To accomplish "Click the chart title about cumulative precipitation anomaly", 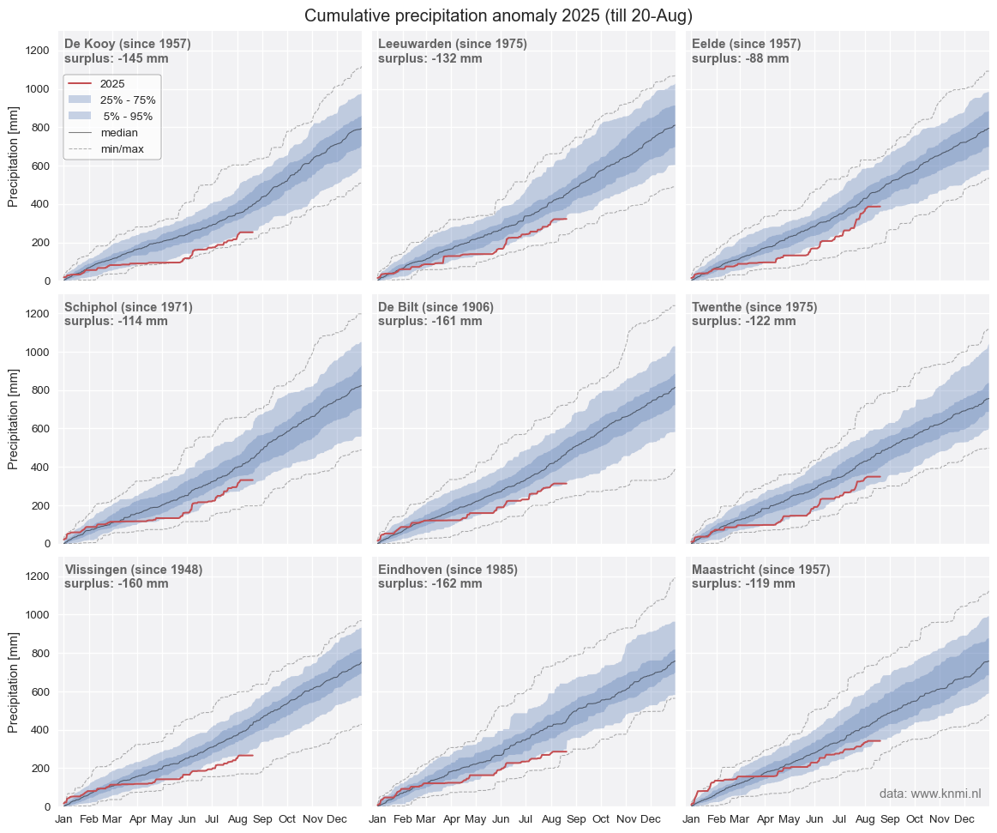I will (498, 15).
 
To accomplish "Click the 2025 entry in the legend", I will (112, 84).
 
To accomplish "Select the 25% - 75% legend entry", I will (128, 100).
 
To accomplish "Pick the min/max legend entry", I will (119, 149).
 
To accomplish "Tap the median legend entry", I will (118, 133).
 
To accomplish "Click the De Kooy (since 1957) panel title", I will (127, 44).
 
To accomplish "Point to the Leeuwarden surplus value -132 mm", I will (429, 59).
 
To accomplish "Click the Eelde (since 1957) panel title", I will (746, 44).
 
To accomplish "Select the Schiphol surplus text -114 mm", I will (116, 322).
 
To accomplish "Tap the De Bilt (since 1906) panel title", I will (435, 307).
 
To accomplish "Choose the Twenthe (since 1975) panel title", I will (754, 307).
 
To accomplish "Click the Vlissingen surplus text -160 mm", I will (116, 584).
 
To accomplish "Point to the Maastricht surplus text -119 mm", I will (743, 584).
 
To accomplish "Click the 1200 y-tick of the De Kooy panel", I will (39, 51).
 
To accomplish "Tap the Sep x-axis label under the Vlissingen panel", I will (262, 819).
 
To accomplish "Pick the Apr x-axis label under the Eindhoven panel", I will (452, 819).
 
